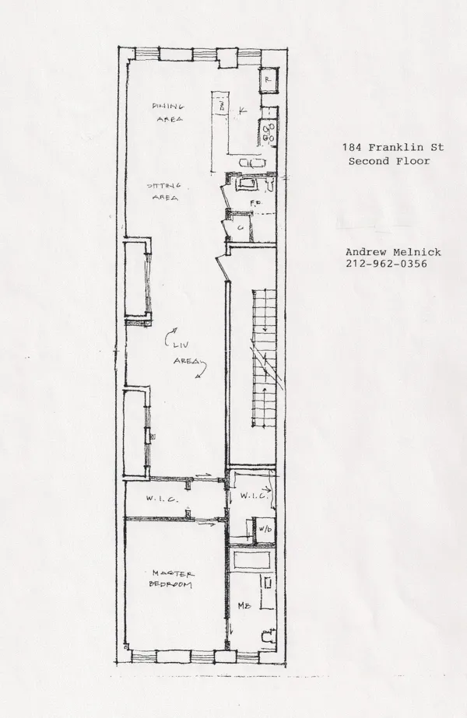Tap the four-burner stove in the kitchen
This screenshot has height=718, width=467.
pos(269,133)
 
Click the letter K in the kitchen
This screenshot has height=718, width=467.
pos(244,110)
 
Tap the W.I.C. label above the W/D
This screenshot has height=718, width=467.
pos(255,495)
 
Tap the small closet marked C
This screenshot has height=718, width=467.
pos(241,227)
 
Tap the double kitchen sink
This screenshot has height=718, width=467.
pos(254,162)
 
